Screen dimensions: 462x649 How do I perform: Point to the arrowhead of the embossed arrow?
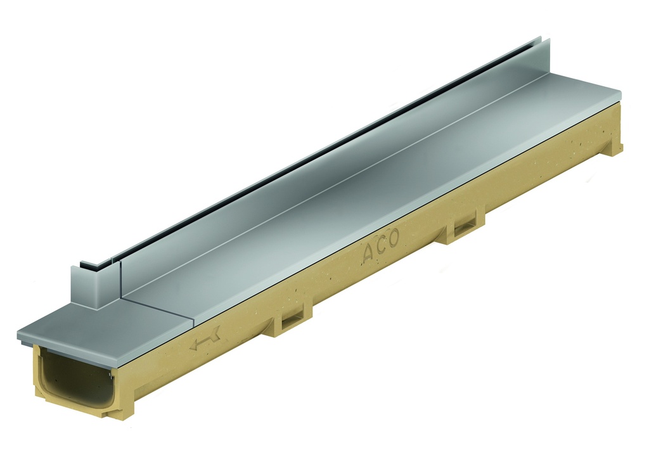193,345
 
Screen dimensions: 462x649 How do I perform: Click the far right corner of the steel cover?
619,94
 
